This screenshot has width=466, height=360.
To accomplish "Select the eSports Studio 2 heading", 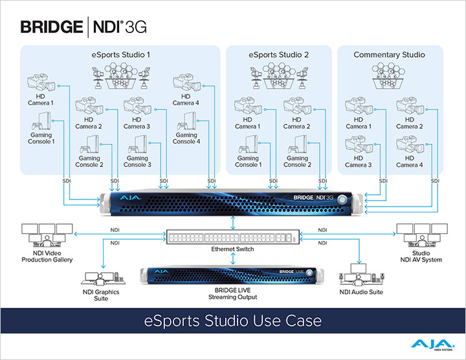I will [278, 54].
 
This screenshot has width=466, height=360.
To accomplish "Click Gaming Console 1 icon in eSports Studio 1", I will [40, 122].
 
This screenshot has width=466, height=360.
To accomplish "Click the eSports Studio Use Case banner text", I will [233, 320].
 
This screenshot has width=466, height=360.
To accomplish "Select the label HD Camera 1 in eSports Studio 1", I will [41, 99].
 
